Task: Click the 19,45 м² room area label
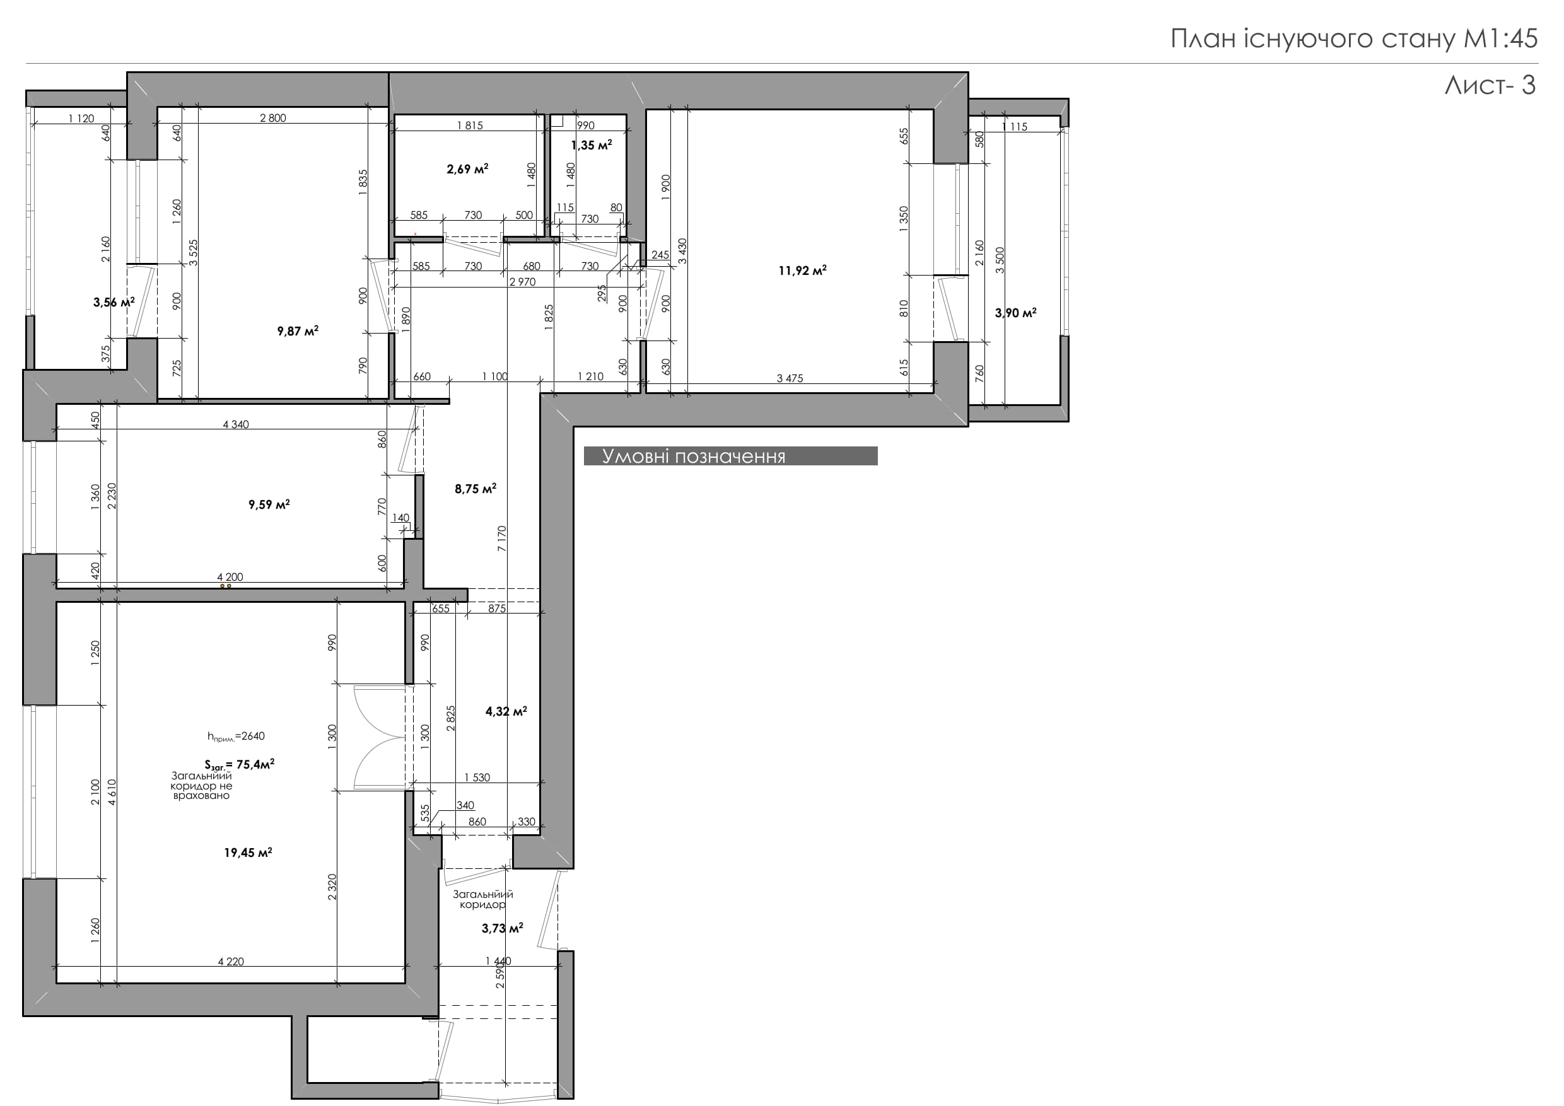(x=248, y=852)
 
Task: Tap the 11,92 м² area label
(x=802, y=271)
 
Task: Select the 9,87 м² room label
(x=298, y=331)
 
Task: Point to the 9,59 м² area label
(x=269, y=504)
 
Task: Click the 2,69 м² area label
(x=467, y=169)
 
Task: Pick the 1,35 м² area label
(x=592, y=145)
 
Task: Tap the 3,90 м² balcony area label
(x=1015, y=313)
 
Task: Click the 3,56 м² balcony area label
(x=114, y=303)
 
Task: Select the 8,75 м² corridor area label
(x=476, y=488)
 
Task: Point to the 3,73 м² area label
(x=502, y=928)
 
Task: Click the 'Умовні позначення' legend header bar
(x=730, y=457)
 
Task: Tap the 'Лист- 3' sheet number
(x=1490, y=85)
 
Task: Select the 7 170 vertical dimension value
(x=502, y=538)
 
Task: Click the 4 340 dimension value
(x=236, y=424)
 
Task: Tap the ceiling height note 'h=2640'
(x=236, y=736)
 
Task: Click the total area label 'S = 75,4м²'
(x=239, y=765)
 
